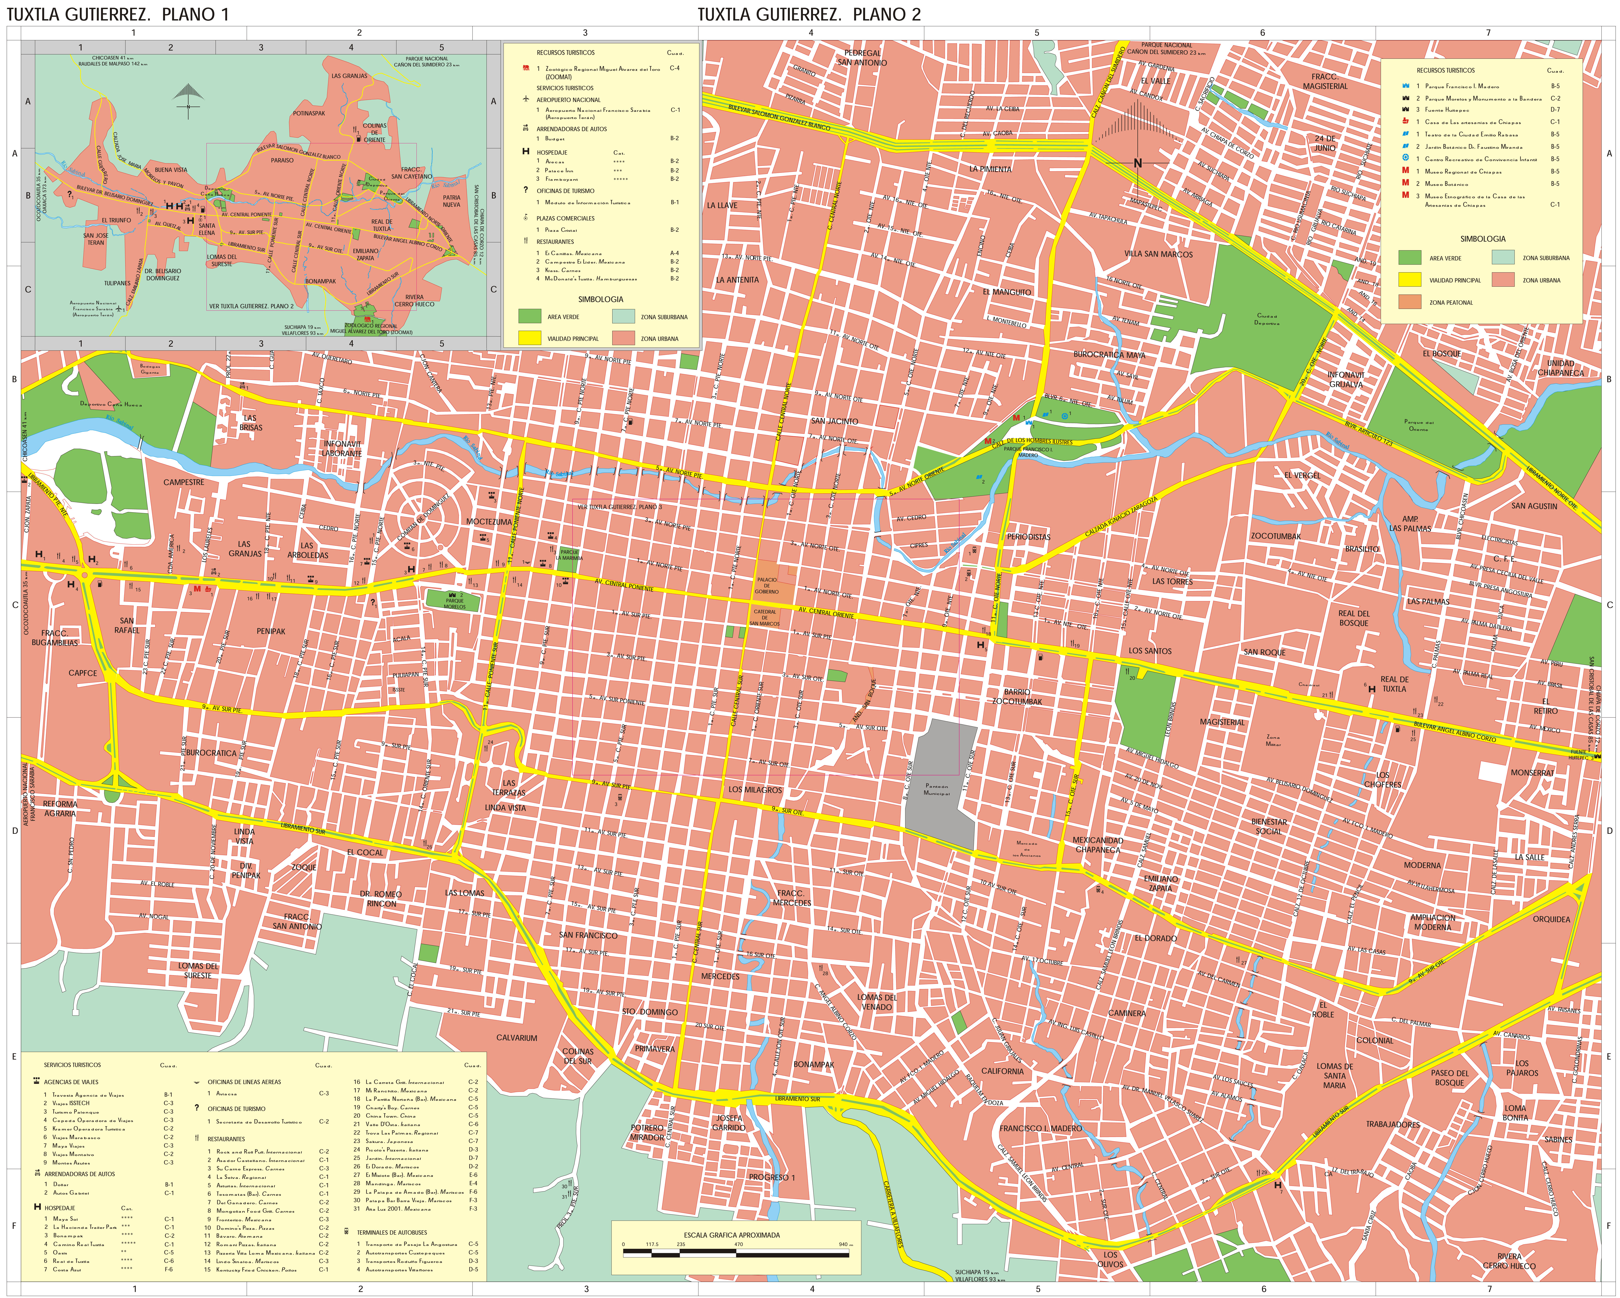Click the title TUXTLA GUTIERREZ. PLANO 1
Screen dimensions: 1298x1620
[118, 14]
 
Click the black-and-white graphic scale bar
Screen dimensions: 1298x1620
[736, 1251]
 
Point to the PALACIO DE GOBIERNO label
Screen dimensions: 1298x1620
[767, 585]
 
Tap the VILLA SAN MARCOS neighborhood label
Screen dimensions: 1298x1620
[1158, 254]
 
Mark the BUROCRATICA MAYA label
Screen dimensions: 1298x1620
[1109, 355]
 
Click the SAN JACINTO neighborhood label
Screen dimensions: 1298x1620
[834, 421]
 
